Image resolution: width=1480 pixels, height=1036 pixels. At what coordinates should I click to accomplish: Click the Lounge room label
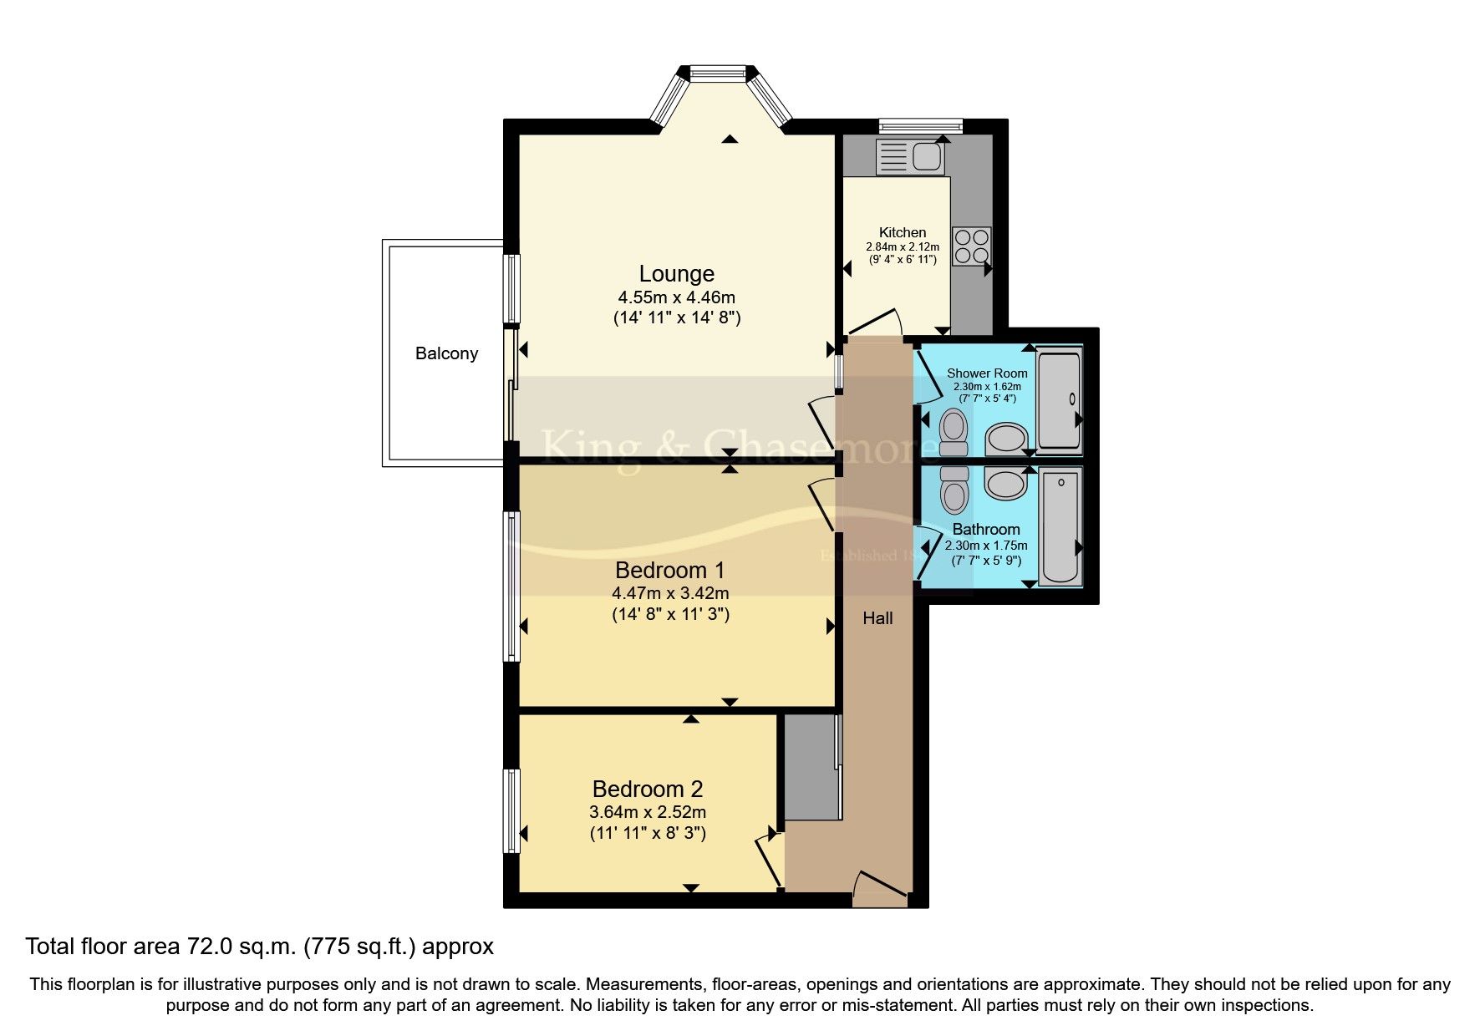pos(676,274)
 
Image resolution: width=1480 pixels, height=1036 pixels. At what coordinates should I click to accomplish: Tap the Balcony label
pos(446,353)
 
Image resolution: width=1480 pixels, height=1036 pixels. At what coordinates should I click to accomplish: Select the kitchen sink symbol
pos(910,156)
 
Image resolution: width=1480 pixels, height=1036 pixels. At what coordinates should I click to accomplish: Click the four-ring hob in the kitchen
pos(971,246)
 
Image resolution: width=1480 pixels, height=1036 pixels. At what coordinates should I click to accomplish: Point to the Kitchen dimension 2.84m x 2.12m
pos(902,247)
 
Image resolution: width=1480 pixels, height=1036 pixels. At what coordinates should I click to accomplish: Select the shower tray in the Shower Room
pos(1059,402)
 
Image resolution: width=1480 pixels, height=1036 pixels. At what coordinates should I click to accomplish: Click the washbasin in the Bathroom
pos(1005,484)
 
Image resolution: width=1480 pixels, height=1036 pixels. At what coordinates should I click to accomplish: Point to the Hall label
pos(877,618)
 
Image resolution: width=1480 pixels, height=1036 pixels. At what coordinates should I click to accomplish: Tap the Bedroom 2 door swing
pos(770,861)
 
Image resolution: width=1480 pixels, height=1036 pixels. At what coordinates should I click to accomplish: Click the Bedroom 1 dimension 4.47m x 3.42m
pos(670,594)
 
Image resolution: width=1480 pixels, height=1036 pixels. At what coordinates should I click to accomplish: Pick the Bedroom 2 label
pos(647,789)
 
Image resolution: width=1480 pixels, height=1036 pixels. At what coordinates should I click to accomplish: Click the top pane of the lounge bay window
pos(717,74)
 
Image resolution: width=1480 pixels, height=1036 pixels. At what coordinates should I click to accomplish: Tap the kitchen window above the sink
pos(920,126)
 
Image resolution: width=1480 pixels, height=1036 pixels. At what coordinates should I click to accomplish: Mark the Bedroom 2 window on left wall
pos(511,810)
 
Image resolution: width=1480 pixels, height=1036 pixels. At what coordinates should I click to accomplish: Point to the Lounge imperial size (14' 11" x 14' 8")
pos(676,317)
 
